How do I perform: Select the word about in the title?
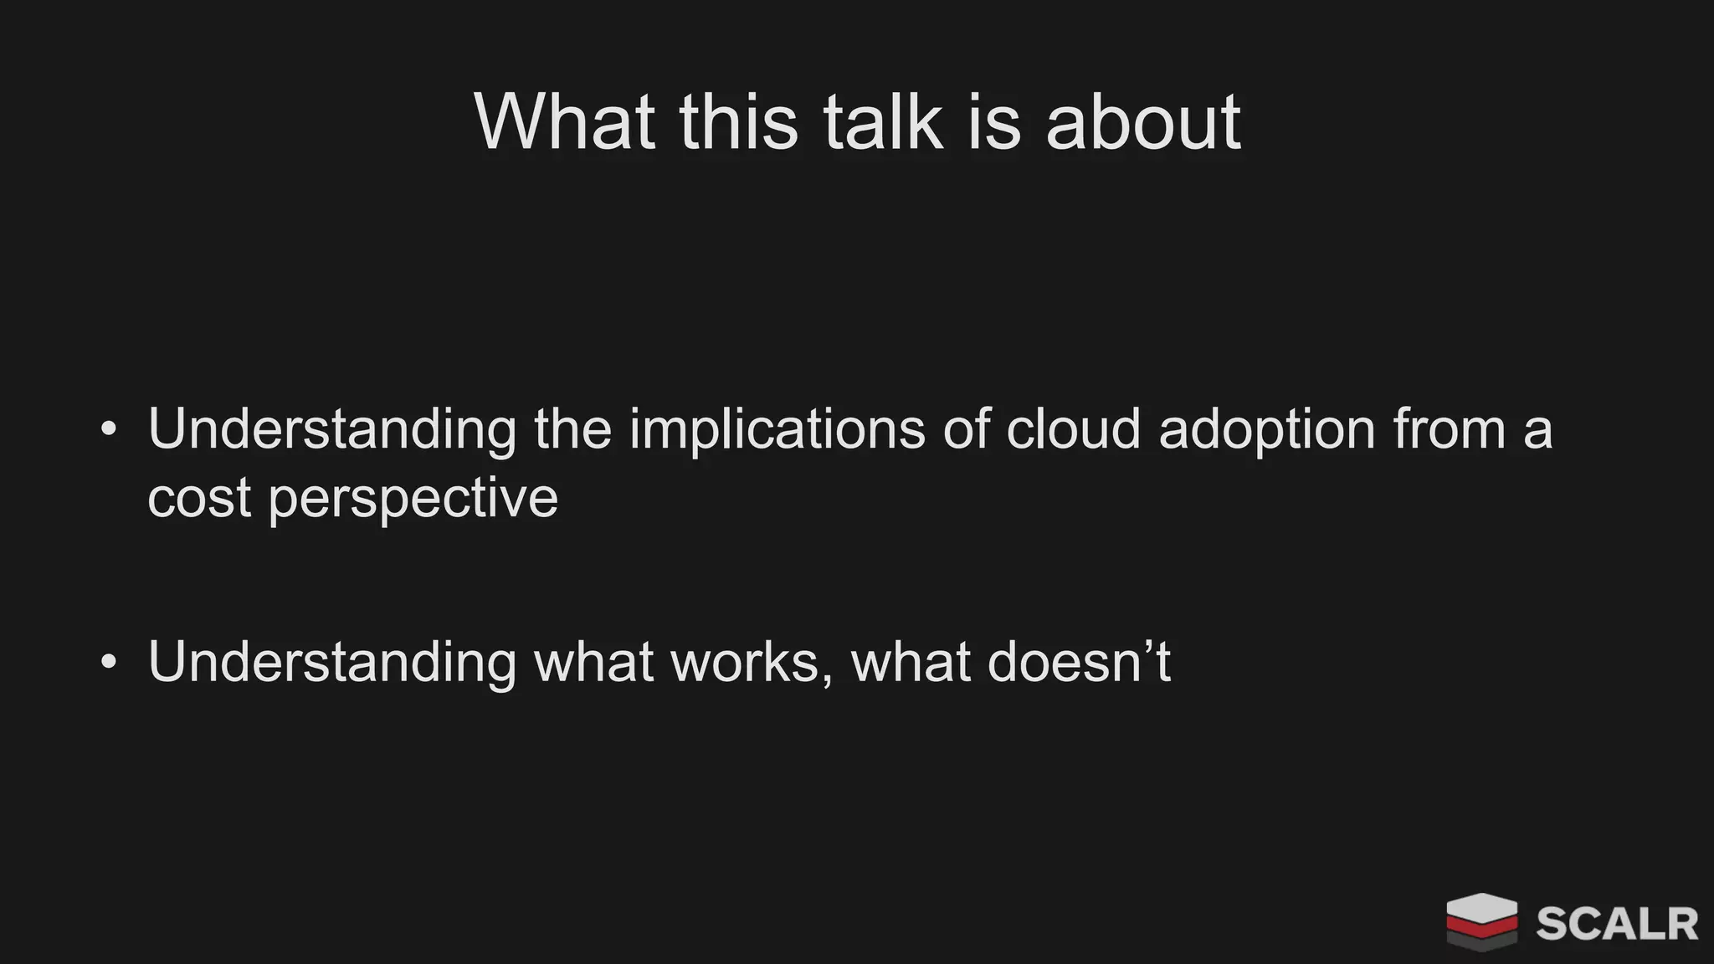[1142, 122]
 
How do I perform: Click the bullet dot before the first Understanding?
[109, 430]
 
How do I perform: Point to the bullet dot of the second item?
[109, 663]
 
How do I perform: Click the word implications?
[777, 430]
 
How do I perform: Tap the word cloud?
[1073, 430]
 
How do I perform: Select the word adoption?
[1267, 430]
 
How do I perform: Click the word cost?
[199, 499]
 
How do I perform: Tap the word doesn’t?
[1079, 663]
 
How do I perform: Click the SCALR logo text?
[1616, 924]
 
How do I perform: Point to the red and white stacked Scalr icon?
[1481, 921]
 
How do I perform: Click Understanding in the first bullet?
[332, 430]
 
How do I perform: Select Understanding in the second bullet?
[332, 663]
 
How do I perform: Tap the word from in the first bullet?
[1449, 430]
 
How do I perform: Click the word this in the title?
[738, 122]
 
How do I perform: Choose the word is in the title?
[994, 122]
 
